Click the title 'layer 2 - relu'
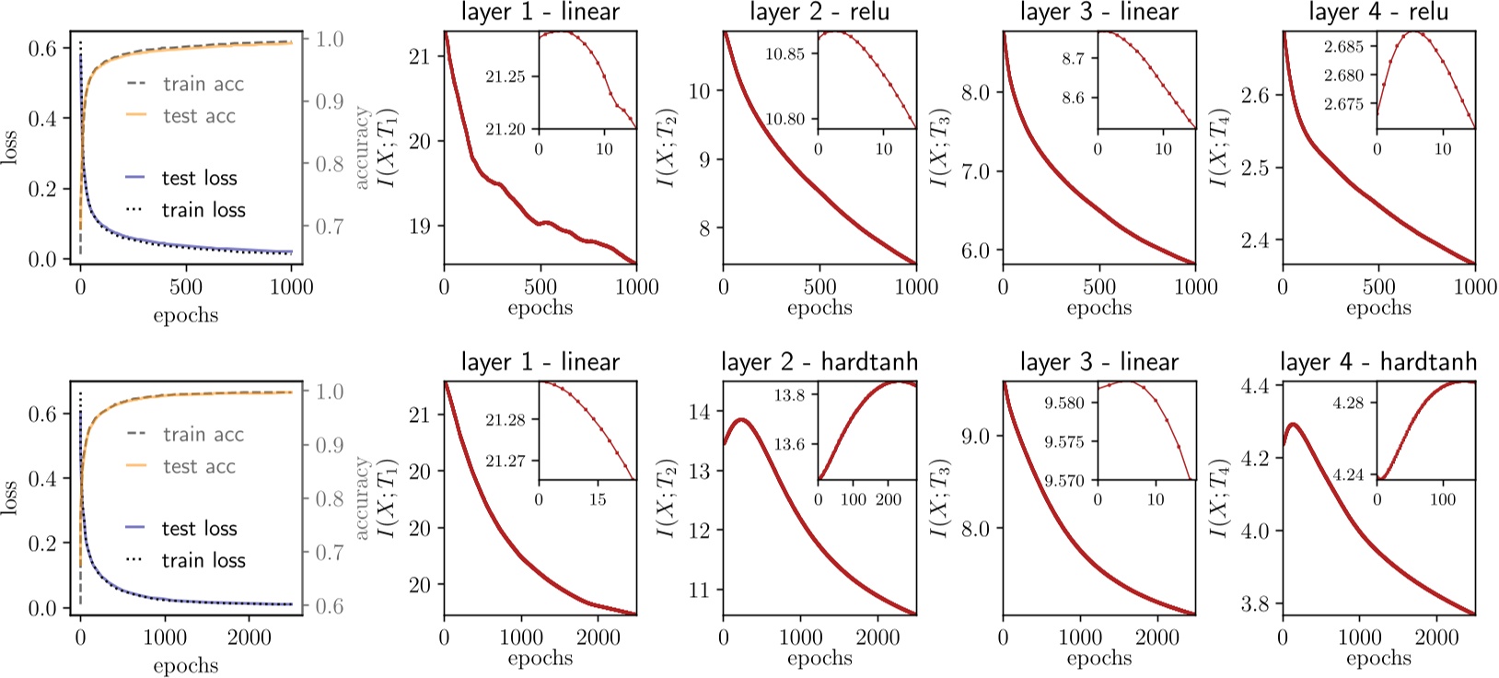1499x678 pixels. [819, 12]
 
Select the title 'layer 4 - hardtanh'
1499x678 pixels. [1378, 362]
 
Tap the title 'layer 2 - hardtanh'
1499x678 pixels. [819, 362]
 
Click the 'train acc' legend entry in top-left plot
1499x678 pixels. [203, 84]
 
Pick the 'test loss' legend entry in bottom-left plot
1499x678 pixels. [199, 528]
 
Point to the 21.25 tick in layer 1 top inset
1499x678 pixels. [505, 76]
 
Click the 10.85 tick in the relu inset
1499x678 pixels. [784, 53]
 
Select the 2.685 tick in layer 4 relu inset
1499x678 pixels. [1343, 46]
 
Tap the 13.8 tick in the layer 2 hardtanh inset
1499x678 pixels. [789, 395]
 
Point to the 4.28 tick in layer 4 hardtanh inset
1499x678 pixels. [1349, 403]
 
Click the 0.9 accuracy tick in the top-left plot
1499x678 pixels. [330, 101]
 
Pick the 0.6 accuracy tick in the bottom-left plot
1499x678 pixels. [330, 605]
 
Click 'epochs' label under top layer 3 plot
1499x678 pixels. [1098, 308]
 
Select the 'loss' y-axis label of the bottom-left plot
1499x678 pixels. [10, 497]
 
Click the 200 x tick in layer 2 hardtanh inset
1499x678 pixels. [889, 499]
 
